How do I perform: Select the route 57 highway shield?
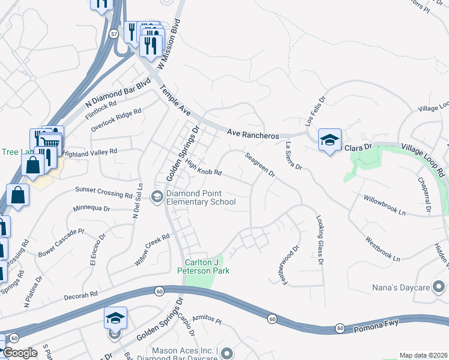click(114, 34)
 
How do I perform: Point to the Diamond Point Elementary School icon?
click(157, 197)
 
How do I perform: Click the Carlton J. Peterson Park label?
click(208, 266)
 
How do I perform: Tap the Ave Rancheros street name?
click(254, 135)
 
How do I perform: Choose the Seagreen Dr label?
click(259, 165)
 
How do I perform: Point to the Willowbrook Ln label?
click(384, 205)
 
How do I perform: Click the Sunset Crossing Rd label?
click(104, 192)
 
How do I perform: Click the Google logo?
click(20, 353)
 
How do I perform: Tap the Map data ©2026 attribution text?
click(423, 355)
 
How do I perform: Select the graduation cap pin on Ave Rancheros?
click(330, 140)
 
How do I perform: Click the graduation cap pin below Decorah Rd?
click(115, 318)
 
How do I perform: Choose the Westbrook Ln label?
click(382, 250)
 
